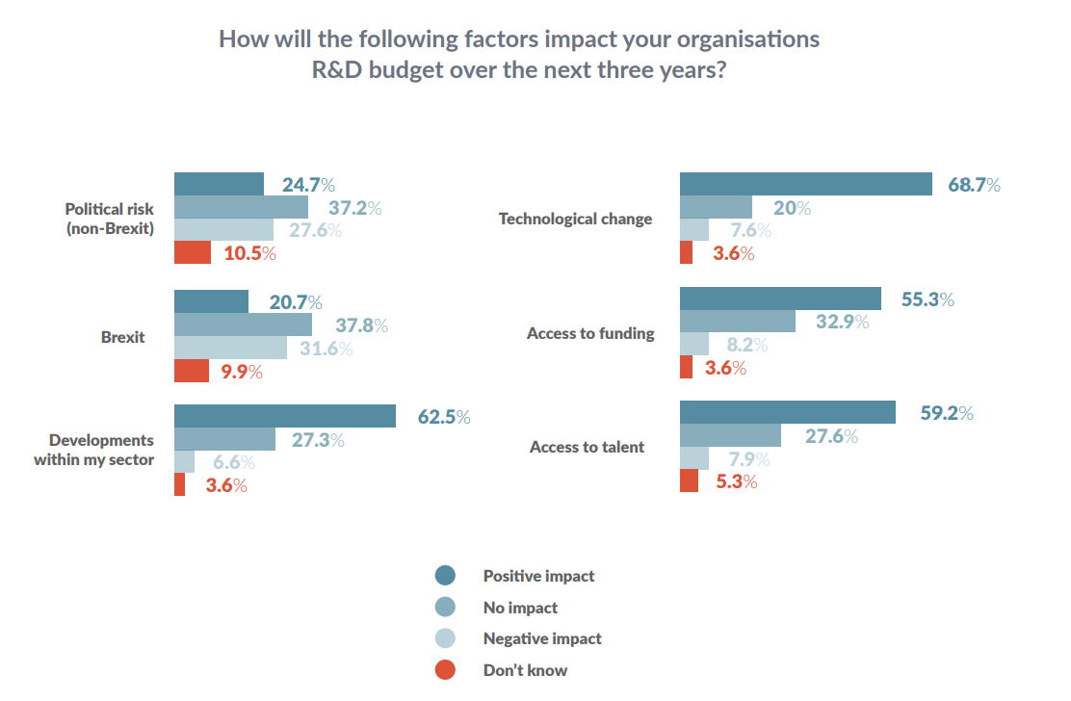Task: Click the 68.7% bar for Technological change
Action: click(x=805, y=184)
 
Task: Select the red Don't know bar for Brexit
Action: click(x=192, y=371)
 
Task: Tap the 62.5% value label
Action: click(x=443, y=417)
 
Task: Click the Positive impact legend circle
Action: click(x=445, y=576)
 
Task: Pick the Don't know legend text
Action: click(x=525, y=669)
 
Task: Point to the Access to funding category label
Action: click(x=590, y=333)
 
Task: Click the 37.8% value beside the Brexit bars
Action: click(x=361, y=325)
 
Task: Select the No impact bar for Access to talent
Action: click(x=730, y=435)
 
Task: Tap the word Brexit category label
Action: click(x=123, y=337)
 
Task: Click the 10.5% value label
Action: click(x=249, y=254)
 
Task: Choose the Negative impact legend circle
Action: click(x=445, y=638)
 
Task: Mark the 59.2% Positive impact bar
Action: click(x=788, y=412)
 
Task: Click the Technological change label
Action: click(x=575, y=219)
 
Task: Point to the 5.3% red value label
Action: click(x=735, y=481)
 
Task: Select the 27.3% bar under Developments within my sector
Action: click(x=224, y=439)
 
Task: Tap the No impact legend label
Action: click(x=520, y=608)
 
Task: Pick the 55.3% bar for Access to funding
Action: click(x=780, y=299)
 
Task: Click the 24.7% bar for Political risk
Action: click(x=219, y=184)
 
